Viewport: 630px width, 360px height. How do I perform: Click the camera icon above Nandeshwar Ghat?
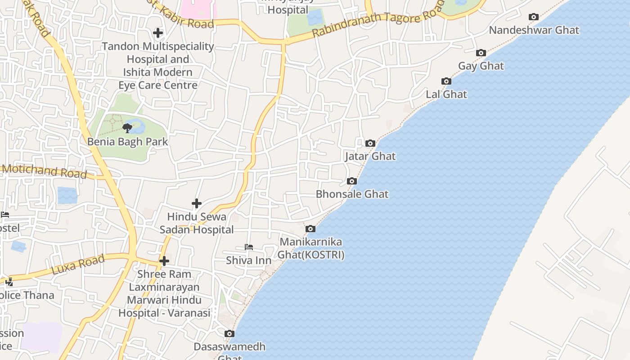533,17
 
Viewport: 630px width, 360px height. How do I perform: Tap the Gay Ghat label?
481,66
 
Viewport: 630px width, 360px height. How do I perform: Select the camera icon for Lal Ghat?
446,81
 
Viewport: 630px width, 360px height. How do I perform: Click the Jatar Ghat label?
370,156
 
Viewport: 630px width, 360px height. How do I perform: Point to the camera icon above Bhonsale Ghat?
352,181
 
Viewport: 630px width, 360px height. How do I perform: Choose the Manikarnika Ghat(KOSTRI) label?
311,248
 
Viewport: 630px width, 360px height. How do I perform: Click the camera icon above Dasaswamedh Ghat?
229,334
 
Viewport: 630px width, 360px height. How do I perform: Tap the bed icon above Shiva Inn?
248,247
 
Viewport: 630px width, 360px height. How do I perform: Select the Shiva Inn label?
248,261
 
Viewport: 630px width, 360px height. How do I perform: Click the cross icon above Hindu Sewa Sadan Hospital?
197,204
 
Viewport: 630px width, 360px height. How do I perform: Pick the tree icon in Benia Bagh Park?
127,128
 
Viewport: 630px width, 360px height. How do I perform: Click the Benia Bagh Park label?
127,142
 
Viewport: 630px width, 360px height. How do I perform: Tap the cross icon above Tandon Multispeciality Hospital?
157,33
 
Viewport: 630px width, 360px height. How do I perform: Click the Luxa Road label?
78,264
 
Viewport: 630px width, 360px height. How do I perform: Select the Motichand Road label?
45,171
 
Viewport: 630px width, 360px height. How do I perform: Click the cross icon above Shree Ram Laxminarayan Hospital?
164,261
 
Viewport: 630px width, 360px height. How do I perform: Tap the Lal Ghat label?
446,94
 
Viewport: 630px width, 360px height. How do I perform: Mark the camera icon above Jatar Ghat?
370,144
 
